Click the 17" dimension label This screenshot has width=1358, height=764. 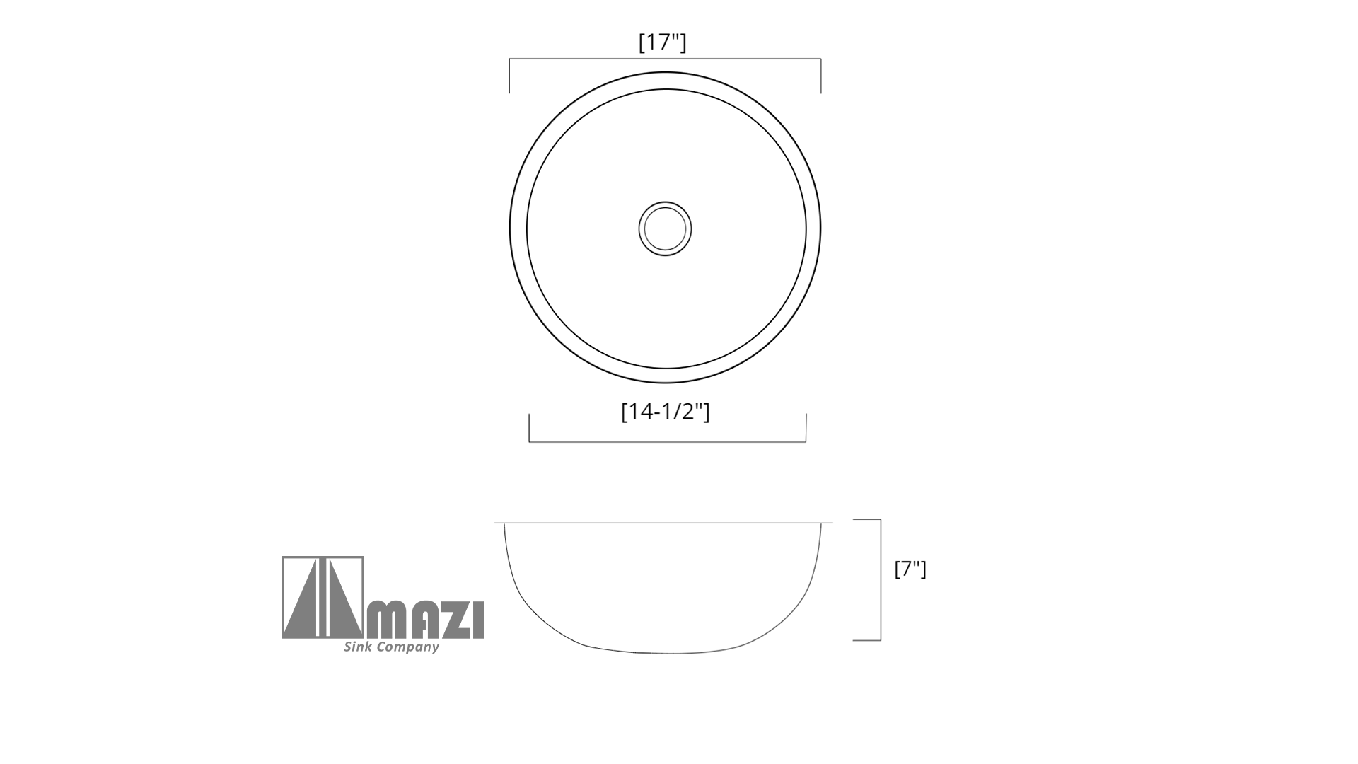[663, 42]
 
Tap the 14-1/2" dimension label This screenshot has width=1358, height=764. [666, 411]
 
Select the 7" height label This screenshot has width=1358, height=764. [910, 569]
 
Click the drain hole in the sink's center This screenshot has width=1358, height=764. [665, 228]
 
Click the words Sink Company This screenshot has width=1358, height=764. [391, 647]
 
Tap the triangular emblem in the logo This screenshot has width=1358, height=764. [323, 598]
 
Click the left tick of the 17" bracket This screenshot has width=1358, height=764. [509, 76]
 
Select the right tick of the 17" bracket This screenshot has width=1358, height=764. [820, 76]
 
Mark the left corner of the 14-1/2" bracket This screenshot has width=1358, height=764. [529, 442]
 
